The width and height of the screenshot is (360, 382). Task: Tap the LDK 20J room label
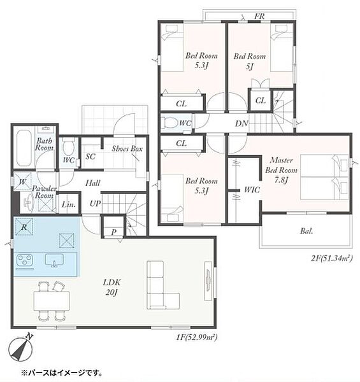pos(112,287)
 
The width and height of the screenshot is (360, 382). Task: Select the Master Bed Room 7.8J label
pos(281,170)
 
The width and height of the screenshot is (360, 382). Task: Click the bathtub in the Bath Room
pos(24,148)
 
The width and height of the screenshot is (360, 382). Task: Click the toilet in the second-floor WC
pos(171,122)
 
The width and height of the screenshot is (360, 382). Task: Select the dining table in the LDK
pos(52,301)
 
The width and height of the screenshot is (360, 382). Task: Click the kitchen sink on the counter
pos(54,260)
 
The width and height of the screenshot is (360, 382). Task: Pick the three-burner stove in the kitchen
pos(24,260)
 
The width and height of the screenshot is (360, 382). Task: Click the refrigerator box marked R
pos(24,227)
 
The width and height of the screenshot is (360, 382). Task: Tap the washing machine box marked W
pos(22,181)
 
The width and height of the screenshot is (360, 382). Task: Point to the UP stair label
pos(95,204)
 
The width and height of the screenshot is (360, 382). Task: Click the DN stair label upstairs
pos(241,124)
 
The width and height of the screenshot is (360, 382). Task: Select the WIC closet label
pos(252,190)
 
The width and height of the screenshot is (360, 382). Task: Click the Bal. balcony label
pos(306,230)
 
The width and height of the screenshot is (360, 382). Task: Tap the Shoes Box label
pos(127,148)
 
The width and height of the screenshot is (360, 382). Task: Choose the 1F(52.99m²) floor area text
pos(196,337)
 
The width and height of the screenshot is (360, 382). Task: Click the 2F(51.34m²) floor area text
pos(332,258)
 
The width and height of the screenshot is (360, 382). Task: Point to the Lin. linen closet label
pos(68,204)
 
